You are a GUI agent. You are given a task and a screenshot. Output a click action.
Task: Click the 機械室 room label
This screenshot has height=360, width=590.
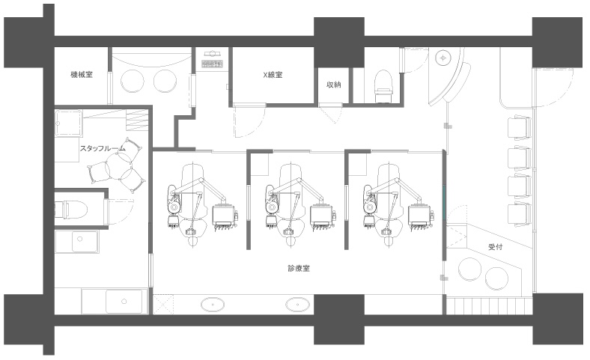82,75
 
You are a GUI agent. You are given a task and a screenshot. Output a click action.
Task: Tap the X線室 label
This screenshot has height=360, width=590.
273,75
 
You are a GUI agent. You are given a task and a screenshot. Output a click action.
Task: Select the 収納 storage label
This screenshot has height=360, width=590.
333,85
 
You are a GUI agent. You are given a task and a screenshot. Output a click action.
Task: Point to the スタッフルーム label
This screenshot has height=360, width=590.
103,149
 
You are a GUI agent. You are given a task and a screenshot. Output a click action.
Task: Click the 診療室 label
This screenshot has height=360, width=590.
299,268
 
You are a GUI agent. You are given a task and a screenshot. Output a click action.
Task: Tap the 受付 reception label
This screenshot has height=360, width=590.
495,247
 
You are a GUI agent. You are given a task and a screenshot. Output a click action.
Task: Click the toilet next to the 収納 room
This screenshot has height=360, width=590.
383,86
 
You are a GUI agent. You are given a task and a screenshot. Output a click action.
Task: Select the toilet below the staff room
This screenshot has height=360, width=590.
71,209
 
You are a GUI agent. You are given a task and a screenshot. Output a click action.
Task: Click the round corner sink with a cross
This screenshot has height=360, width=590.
443,58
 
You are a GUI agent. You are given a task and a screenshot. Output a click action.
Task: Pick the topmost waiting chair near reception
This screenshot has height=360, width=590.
520,127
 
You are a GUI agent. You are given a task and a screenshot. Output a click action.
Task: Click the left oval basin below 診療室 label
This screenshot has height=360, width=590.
213,305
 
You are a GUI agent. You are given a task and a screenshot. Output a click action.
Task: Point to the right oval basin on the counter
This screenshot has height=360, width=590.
298,305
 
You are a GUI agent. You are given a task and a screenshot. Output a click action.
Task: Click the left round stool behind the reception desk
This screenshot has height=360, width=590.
469,269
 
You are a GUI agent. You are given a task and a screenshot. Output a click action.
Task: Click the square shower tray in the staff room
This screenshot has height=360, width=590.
68,123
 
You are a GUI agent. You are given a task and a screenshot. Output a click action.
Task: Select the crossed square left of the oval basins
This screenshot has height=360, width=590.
163,305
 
